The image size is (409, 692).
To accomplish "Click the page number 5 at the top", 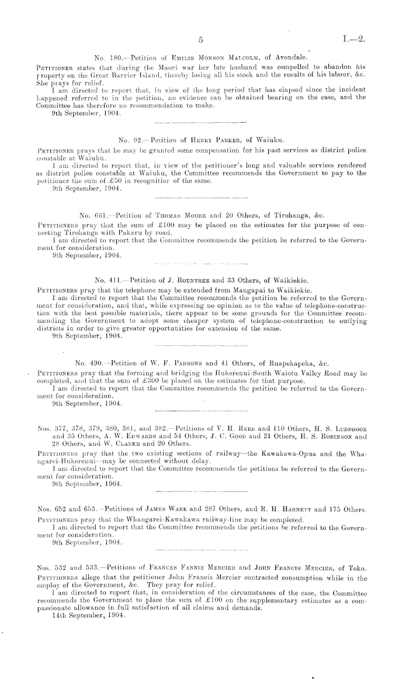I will click(x=200, y=40).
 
